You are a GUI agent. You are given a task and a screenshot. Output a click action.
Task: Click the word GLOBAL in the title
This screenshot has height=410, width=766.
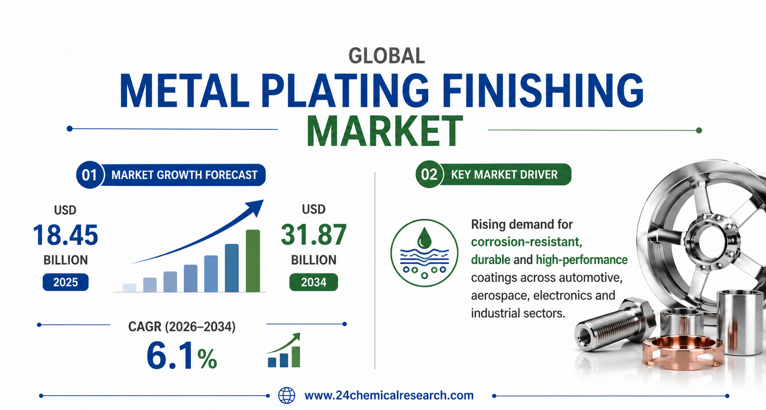point(387,56)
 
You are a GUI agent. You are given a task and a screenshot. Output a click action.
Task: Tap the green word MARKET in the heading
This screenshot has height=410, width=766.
point(385,132)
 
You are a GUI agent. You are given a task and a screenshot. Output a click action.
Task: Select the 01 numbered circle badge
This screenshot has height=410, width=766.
point(89,175)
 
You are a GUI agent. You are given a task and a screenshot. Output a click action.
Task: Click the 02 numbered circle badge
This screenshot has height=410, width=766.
point(429,174)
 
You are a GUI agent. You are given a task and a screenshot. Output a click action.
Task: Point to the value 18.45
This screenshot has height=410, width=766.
point(65,235)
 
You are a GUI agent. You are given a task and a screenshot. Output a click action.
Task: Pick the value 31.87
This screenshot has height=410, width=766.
point(313,235)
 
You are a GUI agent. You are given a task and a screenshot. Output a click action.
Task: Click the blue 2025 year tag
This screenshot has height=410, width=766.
point(66,282)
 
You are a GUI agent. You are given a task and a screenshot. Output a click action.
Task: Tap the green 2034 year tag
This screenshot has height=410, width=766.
point(313,282)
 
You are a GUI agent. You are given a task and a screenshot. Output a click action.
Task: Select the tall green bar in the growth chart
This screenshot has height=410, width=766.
point(253,261)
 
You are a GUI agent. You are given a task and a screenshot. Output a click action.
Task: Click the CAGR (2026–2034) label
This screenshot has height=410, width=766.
point(182,326)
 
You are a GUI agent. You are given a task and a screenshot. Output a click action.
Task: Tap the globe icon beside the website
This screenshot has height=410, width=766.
point(287,396)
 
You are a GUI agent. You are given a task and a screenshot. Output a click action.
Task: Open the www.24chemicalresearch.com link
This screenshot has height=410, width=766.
point(389,395)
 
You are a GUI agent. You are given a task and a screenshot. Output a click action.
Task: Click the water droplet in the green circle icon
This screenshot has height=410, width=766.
point(424,238)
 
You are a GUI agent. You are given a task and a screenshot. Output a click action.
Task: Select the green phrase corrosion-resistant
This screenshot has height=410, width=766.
point(527,242)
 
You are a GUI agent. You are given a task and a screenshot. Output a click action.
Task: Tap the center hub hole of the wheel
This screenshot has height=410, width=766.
point(712,242)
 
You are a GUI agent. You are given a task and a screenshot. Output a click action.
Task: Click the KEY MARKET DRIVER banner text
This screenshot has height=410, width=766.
point(504,175)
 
